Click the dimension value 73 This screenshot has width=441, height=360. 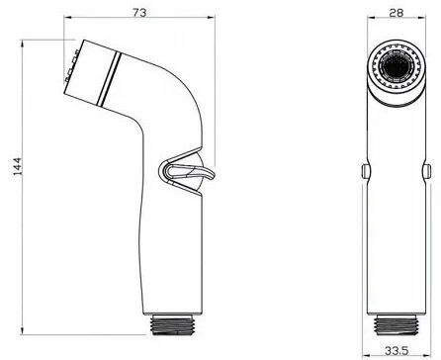(x=139, y=12)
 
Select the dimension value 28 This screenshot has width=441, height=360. (x=397, y=13)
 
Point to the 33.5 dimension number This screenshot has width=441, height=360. (x=397, y=350)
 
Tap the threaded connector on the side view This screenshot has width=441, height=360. (x=171, y=324)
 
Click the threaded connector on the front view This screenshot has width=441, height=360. (x=397, y=324)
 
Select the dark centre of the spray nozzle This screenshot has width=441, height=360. (x=397, y=67)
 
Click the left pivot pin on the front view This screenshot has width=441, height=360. (x=366, y=171)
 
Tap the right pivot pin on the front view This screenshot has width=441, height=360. (x=427, y=171)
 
